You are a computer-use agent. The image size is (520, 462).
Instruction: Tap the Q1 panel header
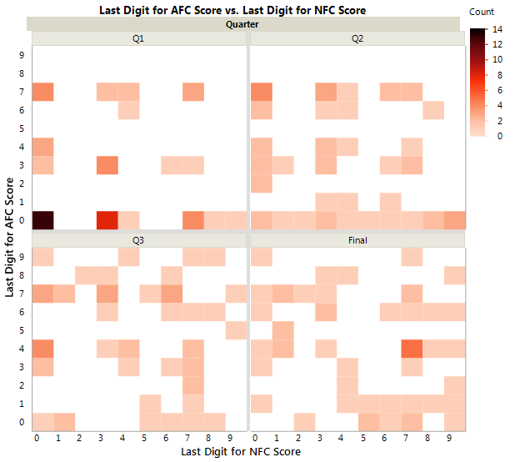click(x=138, y=38)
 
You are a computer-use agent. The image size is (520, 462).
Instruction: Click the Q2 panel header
click(x=357, y=38)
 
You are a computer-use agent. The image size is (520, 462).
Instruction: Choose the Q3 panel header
click(x=138, y=239)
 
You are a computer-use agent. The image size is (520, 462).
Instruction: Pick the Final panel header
click(x=357, y=239)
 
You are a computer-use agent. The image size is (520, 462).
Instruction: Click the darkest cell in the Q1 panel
click(x=42, y=219)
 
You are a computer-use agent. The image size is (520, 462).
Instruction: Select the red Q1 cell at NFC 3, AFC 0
click(x=107, y=219)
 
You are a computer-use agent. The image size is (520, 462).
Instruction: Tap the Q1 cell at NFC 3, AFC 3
click(x=107, y=165)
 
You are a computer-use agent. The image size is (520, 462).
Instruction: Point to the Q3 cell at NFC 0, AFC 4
click(x=42, y=348)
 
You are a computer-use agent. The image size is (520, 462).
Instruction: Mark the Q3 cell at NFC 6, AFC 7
click(x=172, y=294)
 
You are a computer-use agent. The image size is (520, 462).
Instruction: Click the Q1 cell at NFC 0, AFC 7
click(x=42, y=92)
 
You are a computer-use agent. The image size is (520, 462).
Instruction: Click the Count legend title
click(x=482, y=13)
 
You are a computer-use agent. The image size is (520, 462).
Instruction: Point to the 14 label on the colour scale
click(x=498, y=29)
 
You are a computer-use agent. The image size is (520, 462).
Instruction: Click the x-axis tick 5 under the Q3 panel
click(x=144, y=437)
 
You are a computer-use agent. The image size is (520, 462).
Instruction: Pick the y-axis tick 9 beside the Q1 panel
click(x=22, y=55)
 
